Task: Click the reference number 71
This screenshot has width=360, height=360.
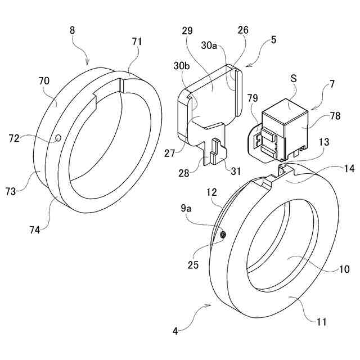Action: [x=138, y=42]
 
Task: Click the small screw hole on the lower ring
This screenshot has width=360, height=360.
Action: [x=223, y=234]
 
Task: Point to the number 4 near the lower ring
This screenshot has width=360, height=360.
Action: [x=175, y=332]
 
